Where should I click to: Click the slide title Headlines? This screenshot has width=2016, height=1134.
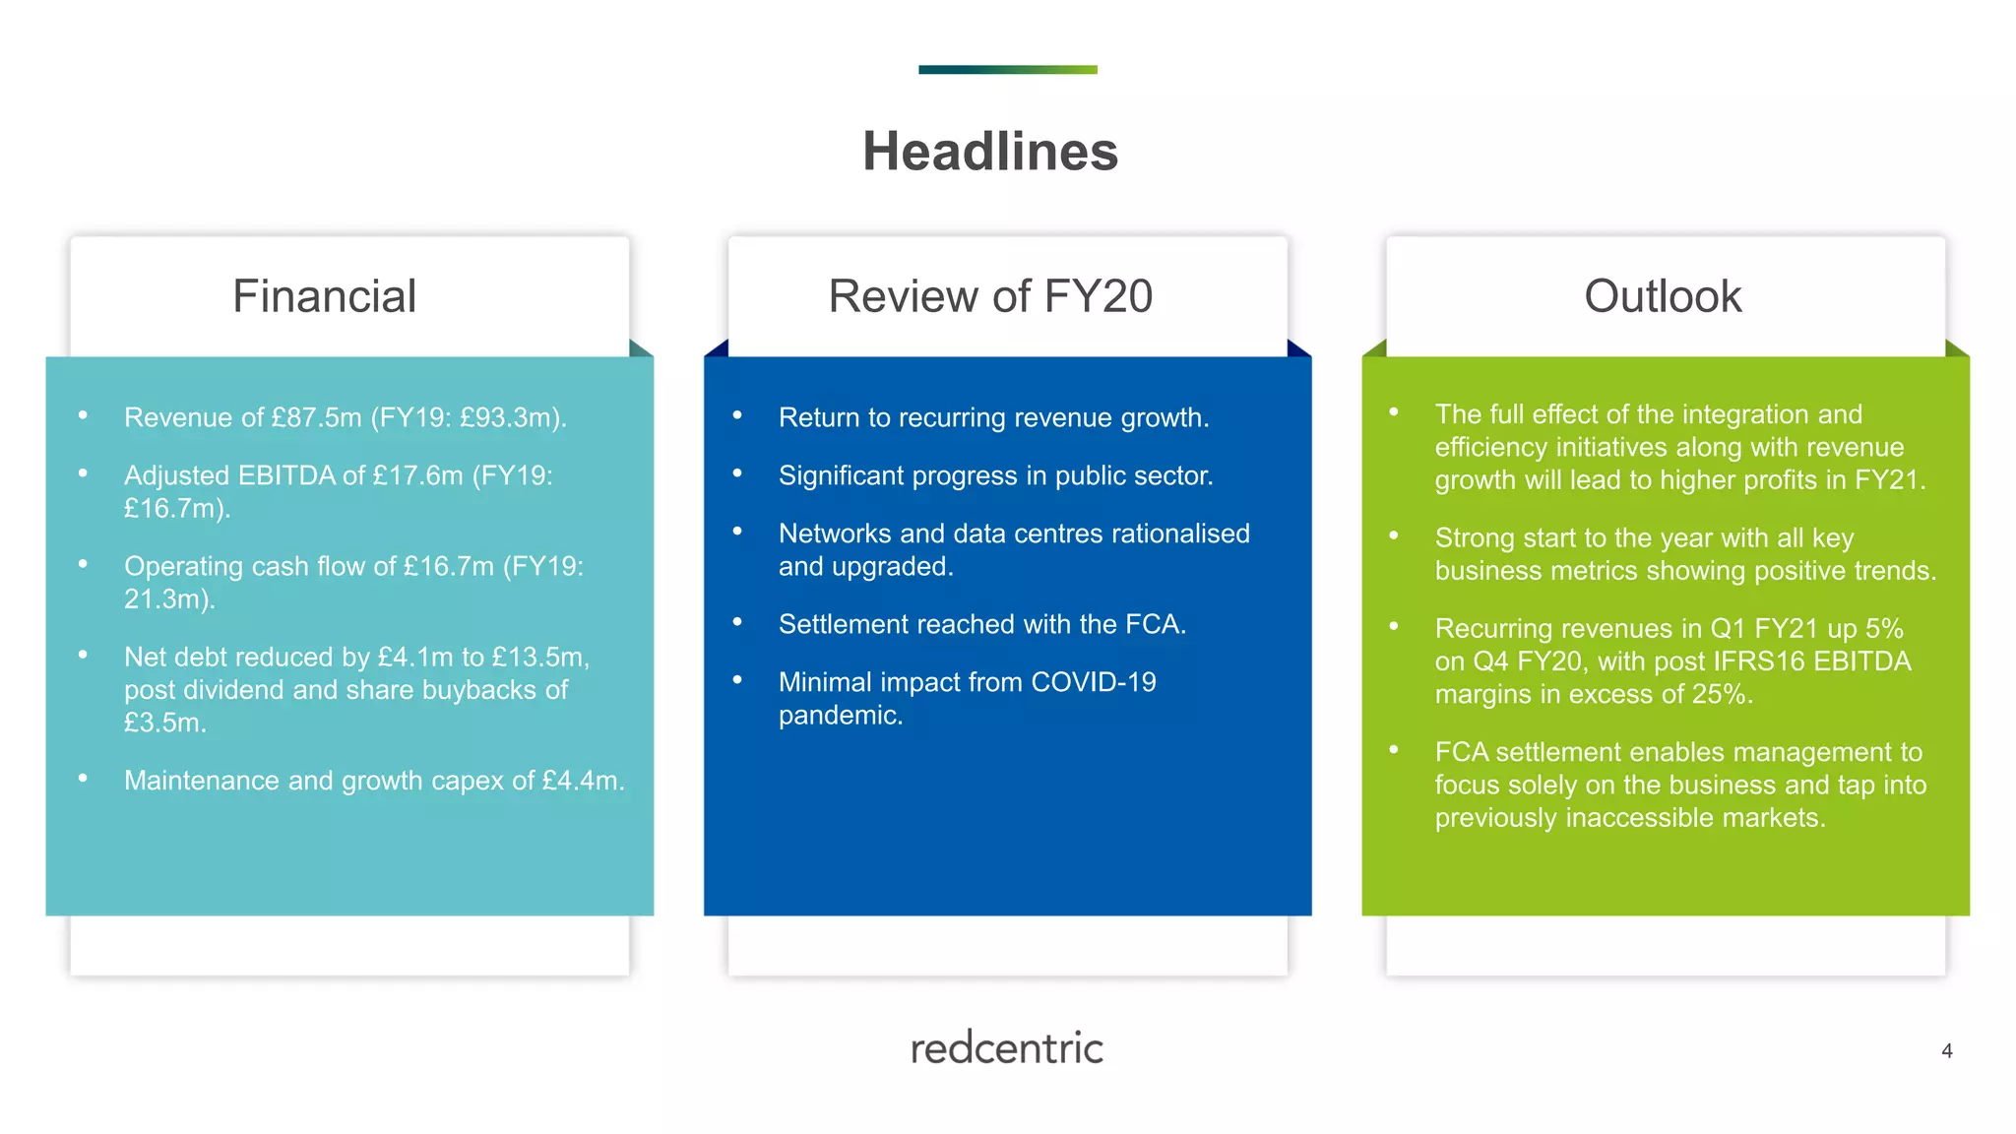[x=990, y=152]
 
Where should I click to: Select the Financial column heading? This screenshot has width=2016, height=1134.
[x=324, y=296]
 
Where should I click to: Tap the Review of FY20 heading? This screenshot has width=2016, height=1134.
[x=990, y=296]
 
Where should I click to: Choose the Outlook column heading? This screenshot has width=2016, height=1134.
[x=1663, y=296]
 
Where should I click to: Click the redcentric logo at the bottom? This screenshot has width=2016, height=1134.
[x=1006, y=1048]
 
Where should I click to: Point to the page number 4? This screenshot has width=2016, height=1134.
[x=1946, y=1051]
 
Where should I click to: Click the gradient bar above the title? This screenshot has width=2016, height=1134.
[x=1007, y=70]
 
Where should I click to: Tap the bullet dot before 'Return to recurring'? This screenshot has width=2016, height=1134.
[x=737, y=415]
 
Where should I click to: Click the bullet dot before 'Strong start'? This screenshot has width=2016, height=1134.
[x=1394, y=535]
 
